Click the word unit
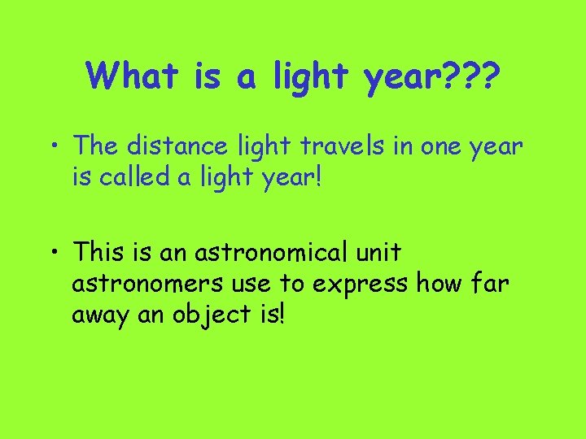(x=379, y=253)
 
